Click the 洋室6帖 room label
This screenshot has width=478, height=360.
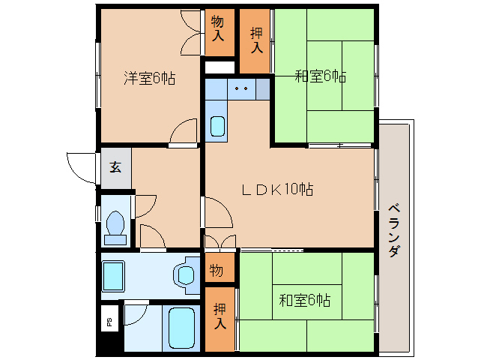coord(149,78)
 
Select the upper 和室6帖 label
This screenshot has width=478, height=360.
coord(320,76)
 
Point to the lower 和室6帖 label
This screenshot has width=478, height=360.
coord(305,300)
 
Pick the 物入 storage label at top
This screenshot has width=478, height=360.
coord(218,28)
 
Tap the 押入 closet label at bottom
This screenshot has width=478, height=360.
coord(220,316)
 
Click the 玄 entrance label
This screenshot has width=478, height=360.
coord(115,167)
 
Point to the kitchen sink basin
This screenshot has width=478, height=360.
coord(217,126)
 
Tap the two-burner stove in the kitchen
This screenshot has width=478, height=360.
coord(241,88)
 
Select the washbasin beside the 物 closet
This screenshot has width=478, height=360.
coord(184,274)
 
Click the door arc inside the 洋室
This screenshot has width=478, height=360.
coord(182,132)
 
